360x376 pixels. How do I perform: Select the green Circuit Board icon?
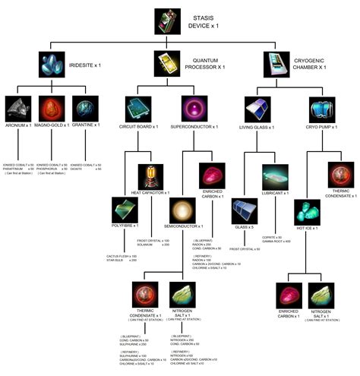tap(137, 109)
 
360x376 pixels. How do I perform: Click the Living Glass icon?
tap(253, 110)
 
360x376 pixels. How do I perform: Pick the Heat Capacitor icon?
tap(150, 176)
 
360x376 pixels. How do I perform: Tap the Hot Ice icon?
tap(307, 212)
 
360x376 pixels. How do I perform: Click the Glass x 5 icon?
tap(248, 213)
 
